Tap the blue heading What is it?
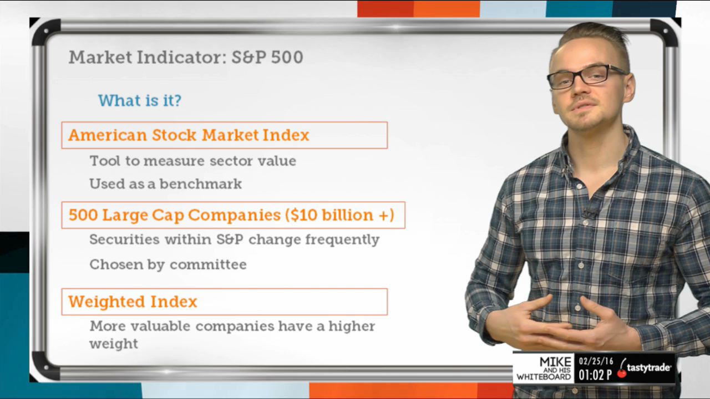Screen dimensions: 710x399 point(140,100)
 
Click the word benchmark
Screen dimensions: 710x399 point(201,183)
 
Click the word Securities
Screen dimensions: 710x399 point(124,239)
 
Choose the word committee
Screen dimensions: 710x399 point(208,264)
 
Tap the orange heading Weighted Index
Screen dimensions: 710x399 point(133,301)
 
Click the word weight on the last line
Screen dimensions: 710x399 point(114,344)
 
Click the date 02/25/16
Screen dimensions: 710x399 point(596,361)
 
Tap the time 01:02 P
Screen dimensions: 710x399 point(595,375)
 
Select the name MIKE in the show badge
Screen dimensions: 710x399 point(555,362)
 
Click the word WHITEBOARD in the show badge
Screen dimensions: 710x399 point(544,377)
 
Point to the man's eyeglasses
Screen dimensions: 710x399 point(586,76)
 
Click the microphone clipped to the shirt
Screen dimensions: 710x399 point(589,213)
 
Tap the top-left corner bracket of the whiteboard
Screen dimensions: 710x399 point(47,32)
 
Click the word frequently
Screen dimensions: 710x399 point(342,240)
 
